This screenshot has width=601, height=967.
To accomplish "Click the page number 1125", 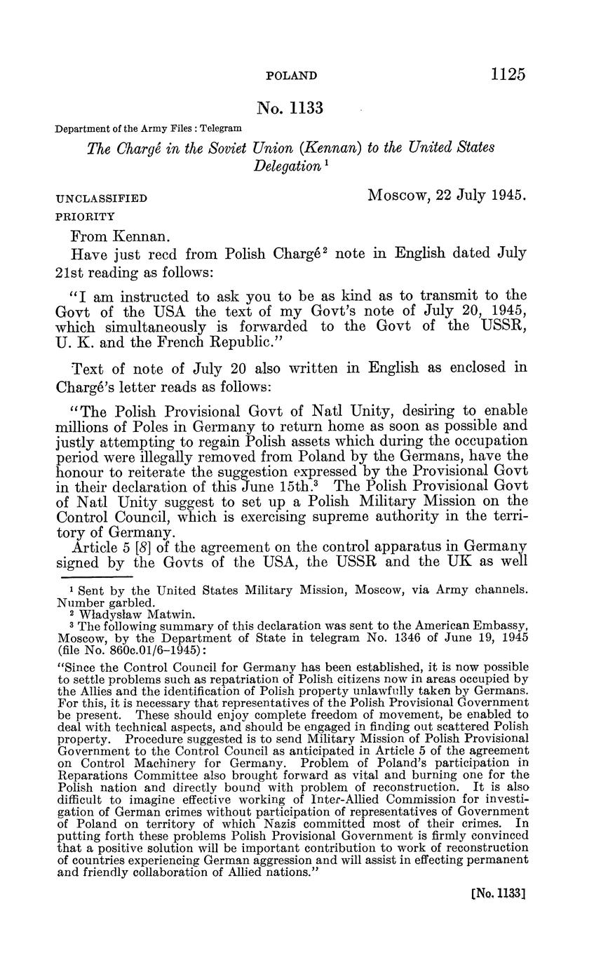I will tap(508, 74).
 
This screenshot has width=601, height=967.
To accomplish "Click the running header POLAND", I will tap(292, 76).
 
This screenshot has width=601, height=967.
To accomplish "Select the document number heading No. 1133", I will tap(290, 108).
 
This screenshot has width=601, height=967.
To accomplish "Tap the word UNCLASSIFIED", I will tap(102, 198).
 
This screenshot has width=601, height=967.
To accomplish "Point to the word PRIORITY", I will tap(85, 217).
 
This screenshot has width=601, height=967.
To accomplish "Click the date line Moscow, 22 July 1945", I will tap(447, 195).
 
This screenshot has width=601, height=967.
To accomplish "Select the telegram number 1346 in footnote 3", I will tap(411, 635).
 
